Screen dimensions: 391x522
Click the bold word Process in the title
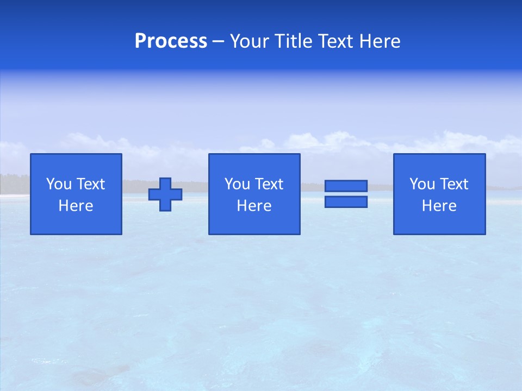coord(171,41)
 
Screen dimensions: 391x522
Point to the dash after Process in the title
coord(218,41)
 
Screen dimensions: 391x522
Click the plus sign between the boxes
coord(165,194)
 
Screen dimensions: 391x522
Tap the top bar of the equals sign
coord(346,186)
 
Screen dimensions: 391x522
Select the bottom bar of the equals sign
coord(346,201)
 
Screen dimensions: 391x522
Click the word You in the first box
coord(59,184)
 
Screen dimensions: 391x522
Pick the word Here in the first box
coord(76,206)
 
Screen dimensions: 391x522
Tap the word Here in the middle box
coord(254,206)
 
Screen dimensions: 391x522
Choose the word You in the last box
coord(422,184)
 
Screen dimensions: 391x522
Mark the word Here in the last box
coord(439,206)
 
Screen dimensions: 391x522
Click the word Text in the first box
coord(90,184)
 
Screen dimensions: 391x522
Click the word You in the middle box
coord(237,184)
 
